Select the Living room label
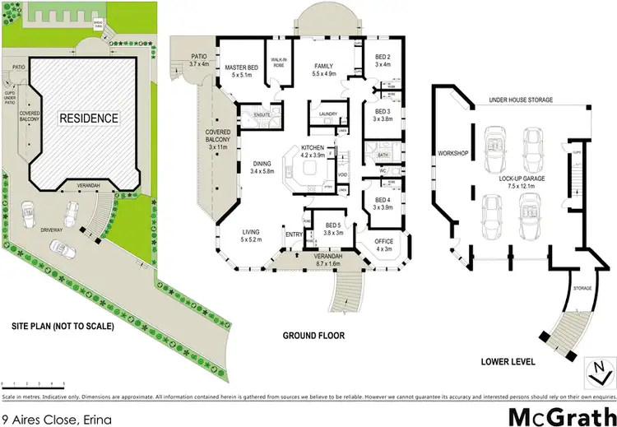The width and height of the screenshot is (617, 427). pos(250,233)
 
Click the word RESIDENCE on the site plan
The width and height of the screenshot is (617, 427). pos(88,118)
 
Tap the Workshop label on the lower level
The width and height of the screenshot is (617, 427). pos(453,153)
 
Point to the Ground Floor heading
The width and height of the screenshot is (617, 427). pos(313,336)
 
